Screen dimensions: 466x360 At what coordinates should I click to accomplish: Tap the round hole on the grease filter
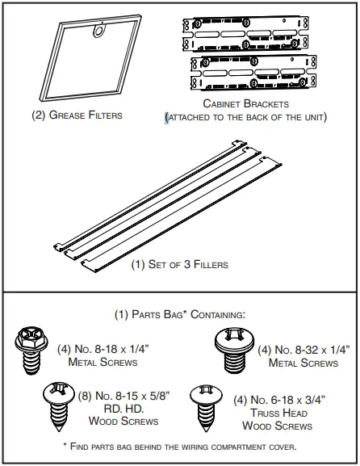pos(99,31)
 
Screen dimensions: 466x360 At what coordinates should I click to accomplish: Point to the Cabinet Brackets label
pos(245,104)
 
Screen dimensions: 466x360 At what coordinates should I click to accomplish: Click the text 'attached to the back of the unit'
pos(245,118)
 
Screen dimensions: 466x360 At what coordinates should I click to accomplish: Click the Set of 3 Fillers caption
pos(179,264)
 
